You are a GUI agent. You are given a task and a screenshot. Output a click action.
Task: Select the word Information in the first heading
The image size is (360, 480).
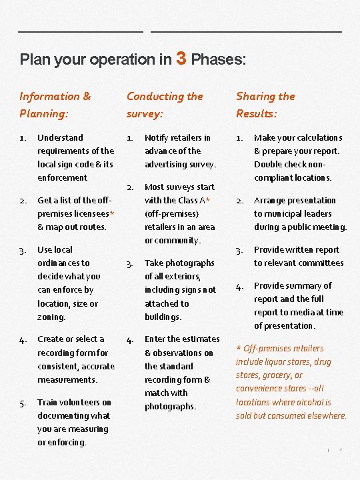click(50, 97)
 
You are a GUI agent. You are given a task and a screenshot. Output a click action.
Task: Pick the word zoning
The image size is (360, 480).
click(51, 317)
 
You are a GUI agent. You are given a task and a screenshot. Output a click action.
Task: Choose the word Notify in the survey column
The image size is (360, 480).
click(157, 137)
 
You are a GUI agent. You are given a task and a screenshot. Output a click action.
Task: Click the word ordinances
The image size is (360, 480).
click(63, 263)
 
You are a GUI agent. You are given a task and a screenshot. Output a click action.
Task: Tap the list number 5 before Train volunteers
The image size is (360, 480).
click(23, 403)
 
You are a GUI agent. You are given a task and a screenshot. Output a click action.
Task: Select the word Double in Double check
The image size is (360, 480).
click(269, 164)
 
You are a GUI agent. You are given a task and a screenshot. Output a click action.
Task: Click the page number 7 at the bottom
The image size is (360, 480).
click(341, 451)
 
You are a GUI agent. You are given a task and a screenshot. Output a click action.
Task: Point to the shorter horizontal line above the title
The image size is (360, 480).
click(81, 31)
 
